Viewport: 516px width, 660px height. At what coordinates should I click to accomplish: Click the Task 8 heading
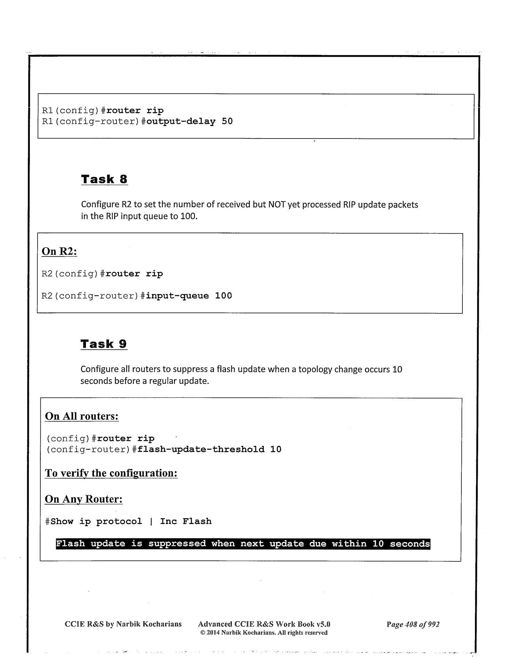104,179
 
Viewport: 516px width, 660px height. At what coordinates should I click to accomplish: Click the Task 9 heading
104,344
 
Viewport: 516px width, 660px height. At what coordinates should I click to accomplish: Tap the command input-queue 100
189,296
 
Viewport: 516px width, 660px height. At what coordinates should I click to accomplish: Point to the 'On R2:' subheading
59,251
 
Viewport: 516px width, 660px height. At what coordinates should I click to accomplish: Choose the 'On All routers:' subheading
82,416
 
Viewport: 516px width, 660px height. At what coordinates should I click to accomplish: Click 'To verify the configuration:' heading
111,473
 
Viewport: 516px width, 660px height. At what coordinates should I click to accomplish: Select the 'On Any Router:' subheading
84,499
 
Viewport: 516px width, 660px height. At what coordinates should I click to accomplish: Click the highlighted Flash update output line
243,544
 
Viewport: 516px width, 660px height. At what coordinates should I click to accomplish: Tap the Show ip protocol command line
128,521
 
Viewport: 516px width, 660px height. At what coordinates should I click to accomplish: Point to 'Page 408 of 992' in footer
413,624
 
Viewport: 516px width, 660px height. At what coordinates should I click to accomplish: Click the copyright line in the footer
264,632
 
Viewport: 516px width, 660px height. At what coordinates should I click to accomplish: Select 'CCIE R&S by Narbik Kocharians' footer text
123,624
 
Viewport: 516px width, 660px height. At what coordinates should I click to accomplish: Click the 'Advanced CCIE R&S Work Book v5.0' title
264,624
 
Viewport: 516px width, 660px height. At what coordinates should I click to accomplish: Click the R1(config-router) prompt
91,121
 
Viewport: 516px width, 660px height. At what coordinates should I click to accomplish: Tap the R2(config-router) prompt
90,296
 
